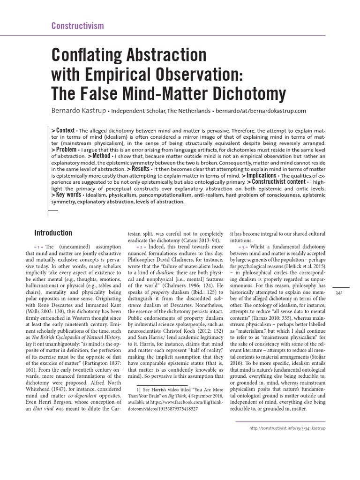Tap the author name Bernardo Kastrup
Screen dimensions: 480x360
click(81, 111)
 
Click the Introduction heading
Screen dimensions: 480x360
click(53, 233)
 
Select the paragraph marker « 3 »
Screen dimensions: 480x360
click(243, 247)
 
